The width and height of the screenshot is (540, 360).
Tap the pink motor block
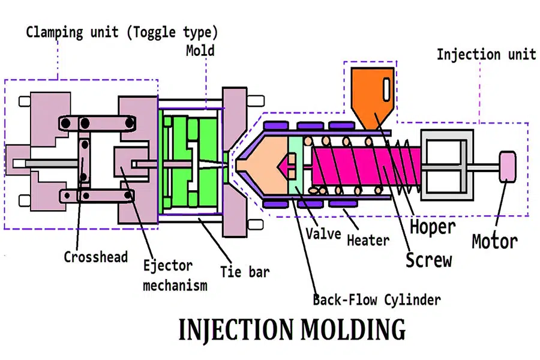[x=508, y=165]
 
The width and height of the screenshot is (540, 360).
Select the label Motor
[x=494, y=241]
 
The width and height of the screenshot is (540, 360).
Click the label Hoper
[x=433, y=227]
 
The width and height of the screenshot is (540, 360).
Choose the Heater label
[x=368, y=241]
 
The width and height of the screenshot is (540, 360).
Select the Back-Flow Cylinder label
[x=377, y=299]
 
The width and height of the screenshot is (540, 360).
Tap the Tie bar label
[x=245, y=271]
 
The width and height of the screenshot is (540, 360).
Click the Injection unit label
[x=486, y=54]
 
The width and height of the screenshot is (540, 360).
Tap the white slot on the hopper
[x=387, y=87]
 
